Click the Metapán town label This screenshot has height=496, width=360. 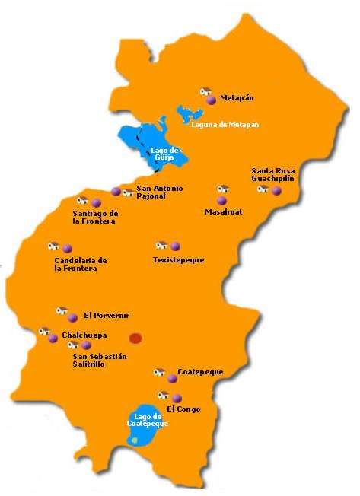236,97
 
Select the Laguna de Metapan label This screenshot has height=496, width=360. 220,124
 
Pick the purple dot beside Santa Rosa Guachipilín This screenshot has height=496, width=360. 276,190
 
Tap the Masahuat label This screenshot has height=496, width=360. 223,212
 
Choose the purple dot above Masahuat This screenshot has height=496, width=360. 221,200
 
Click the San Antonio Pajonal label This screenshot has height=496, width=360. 159,192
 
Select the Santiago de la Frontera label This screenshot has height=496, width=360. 90,217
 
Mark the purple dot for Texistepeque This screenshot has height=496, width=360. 176,246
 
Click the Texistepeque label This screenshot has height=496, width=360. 178,260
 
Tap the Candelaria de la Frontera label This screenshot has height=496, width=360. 80,264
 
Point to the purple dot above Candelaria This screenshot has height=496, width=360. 67,248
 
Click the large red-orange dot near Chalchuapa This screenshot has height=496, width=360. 135,338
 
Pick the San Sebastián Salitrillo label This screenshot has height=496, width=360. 99,360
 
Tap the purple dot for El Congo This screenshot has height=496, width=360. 177,398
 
